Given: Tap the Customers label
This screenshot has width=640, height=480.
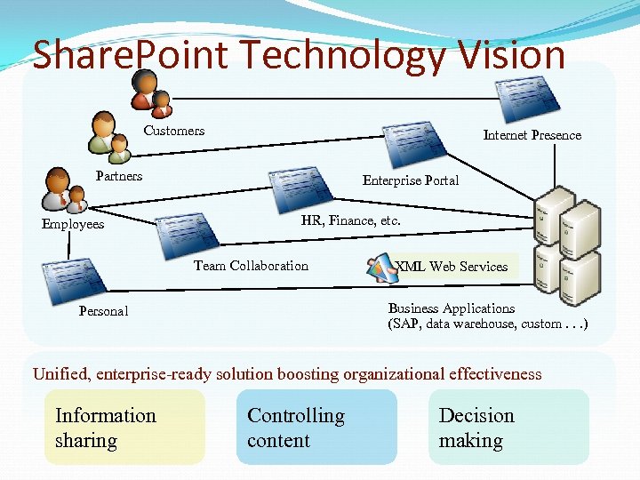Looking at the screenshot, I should click(174, 131).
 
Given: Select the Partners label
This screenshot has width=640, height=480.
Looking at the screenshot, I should click(119, 175).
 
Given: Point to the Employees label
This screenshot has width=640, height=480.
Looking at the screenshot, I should click(73, 224).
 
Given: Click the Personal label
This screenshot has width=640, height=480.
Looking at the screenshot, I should click(103, 311).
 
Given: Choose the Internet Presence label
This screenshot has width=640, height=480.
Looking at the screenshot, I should click(532, 135).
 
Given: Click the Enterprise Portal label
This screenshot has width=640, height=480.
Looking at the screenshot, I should click(411, 180).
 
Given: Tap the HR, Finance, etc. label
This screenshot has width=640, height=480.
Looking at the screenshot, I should click(351, 220).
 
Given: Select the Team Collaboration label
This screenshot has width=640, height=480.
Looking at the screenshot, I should click(251, 266).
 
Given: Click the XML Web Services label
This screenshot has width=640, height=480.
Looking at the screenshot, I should click(452, 266).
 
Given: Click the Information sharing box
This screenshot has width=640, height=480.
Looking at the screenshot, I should click(124, 428).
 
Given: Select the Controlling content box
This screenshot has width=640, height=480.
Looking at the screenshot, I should click(316, 428).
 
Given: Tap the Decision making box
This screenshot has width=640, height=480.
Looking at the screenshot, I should click(508, 428).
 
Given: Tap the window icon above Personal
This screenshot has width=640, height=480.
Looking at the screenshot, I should click(68, 281).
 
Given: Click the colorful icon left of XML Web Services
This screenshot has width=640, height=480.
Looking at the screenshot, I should click(380, 265).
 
